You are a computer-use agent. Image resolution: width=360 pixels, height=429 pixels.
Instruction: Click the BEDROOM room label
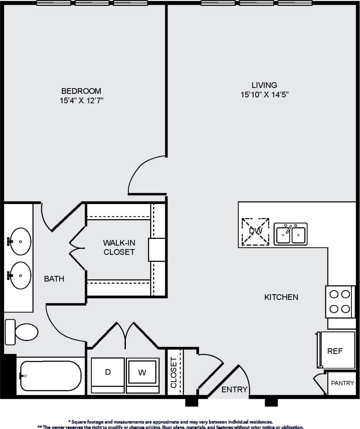pyautogui.click(x=81, y=91)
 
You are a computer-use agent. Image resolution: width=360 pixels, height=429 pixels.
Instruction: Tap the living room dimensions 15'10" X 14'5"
pyautogui.click(x=265, y=95)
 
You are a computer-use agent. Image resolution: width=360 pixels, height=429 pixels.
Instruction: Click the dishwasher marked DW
pyautogui.click(x=255, y=231)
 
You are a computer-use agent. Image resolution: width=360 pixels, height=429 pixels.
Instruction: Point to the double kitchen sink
pyautogui.click(x=290, y=234)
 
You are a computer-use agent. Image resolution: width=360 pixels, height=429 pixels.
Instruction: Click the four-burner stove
pyautogui.click(x=339, y=301)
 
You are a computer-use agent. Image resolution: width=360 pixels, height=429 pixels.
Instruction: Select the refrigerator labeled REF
pyautogui.click(x=336, y=351)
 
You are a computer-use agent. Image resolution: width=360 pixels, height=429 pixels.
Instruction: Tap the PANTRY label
pyautogui.click(x=342, y=383)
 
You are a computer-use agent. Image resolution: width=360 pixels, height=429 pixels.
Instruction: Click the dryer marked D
pyautogui.click(x=108, y=372)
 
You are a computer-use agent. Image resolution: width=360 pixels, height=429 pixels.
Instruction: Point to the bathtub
pyautogui.click(x=50, y=376)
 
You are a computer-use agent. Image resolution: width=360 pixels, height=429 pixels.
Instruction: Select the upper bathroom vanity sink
pyautogui.click(x=20, y=241)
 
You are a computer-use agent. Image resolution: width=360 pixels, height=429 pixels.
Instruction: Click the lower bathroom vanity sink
pyautogui.click(x=20, y=275)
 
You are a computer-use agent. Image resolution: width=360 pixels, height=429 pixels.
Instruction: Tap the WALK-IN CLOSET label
pyautogui.click(x=119, y=247)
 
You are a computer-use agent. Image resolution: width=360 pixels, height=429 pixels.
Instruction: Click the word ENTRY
pyautogui.click(x=235, y=390)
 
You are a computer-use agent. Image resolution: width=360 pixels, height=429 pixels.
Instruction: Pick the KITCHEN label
pyautogui.click(x=281, y=297)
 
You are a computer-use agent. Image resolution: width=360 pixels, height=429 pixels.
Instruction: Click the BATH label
pyautogui.click(x=54, y=278)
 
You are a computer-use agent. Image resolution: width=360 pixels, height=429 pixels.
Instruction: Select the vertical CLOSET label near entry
pyautogui.click(x=174, y=372)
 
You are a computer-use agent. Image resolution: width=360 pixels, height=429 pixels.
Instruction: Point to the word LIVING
pyautogui.click(x=264, y=85)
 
